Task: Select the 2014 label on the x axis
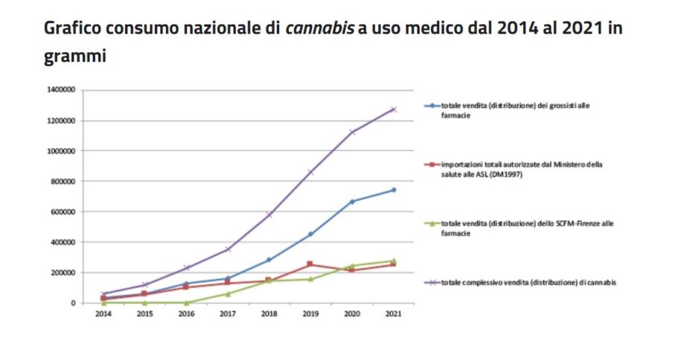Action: pos(103,315)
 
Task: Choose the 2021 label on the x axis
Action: pos(392,315)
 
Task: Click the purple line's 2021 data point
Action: pos(393,109)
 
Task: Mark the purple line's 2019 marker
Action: pos(310,173)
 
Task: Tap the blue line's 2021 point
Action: pos(393,190)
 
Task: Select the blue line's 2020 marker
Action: pos(351,202)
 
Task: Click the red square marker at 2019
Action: pos(310,264)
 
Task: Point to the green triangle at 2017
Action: pos(227,294)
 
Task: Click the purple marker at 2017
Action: pos(227,249)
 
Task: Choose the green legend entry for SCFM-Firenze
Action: pos(514,227)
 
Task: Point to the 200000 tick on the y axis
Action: pos(64,273)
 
